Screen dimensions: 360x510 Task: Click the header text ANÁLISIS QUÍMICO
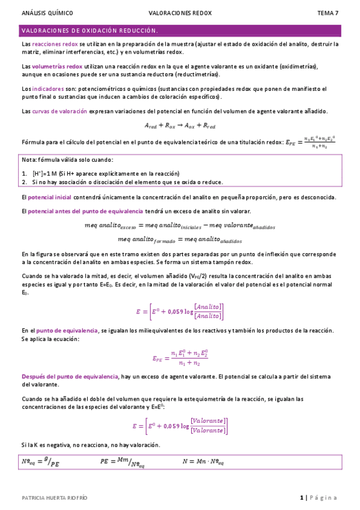pyautogui.click(x=47, y=12)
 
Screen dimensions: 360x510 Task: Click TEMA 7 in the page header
pyautogui.click(x=328, y=12)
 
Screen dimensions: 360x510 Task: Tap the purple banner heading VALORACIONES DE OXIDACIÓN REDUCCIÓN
pyautogui.click(x=90, y=30)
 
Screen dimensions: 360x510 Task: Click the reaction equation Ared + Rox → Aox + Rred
pyautogui.click(x=180, y=126)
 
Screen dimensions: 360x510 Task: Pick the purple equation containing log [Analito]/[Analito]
pyautogui.click(x=180, y=311)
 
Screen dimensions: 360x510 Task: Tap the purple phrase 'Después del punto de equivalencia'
pyautogui.click(x=70, y=376)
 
